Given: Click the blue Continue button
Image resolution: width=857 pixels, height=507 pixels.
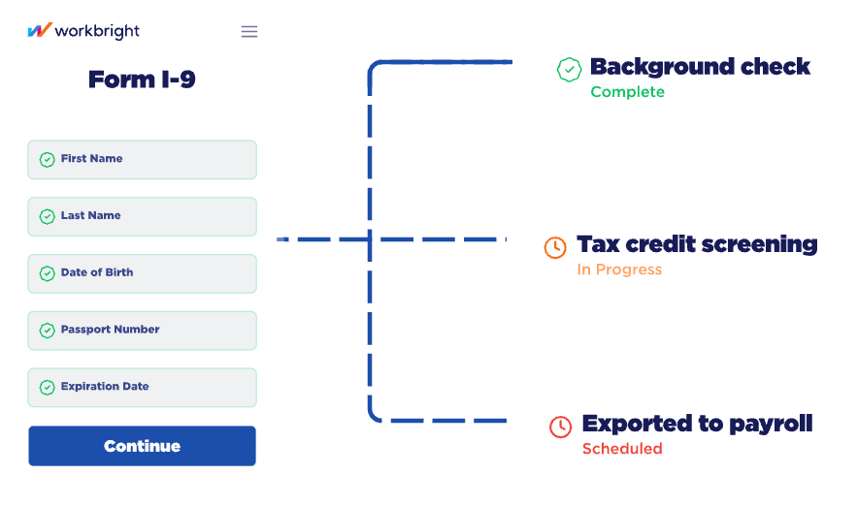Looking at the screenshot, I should click(142, 446).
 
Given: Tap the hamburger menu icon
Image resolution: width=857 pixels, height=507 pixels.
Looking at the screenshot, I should click(249, 31).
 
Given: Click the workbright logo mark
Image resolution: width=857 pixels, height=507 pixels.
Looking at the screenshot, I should click(39, 31).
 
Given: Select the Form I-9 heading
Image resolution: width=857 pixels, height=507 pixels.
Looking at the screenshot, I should click(142, 79).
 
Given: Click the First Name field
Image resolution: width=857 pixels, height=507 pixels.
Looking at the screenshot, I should click(142, 160).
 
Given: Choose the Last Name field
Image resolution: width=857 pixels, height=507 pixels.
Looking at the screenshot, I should click(142, 216).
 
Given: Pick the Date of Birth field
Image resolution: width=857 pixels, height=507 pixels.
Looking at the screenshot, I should click(142, 273).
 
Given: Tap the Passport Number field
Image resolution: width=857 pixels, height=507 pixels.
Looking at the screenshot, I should click(142, 331).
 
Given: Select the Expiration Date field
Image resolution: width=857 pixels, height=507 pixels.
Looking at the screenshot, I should click(142, 387).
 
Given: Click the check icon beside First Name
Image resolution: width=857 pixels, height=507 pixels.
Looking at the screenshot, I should click(47, 160).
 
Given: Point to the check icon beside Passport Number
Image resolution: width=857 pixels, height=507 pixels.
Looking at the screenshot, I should click(47, 331).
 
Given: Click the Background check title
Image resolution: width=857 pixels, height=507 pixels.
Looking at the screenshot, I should click(700, 67).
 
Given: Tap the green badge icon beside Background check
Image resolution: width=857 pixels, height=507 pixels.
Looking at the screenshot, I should click(569, 70).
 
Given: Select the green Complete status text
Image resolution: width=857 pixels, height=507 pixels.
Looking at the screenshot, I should click(627, 92).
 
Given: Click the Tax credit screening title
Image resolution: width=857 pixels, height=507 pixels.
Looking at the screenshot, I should click(697, 244).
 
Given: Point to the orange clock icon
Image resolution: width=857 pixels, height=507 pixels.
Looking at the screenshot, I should click(555, 246).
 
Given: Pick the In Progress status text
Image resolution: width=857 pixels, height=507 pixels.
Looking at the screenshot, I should click(619, 269).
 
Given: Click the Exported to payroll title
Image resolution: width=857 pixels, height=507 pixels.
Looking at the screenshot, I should click(697, 424).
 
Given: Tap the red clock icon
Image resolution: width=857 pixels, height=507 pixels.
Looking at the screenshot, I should click(560, 426).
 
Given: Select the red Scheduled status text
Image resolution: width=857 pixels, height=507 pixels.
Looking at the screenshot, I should click(622, 449).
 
